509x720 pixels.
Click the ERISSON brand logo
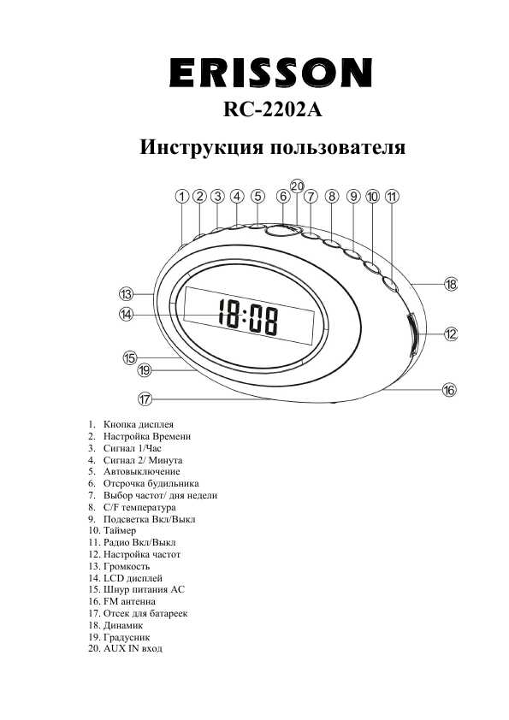271,72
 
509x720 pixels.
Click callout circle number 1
182,196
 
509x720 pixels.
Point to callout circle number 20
297,186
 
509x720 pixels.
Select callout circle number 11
392,196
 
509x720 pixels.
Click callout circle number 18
451,285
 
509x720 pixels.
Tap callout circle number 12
451,333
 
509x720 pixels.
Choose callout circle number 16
449,390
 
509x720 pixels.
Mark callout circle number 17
145,398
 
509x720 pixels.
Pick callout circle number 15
130,357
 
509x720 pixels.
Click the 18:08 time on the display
248,319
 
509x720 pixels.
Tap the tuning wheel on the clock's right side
412,333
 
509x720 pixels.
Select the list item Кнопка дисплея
138,424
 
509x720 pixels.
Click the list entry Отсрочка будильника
151,483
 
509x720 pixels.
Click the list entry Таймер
120,531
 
